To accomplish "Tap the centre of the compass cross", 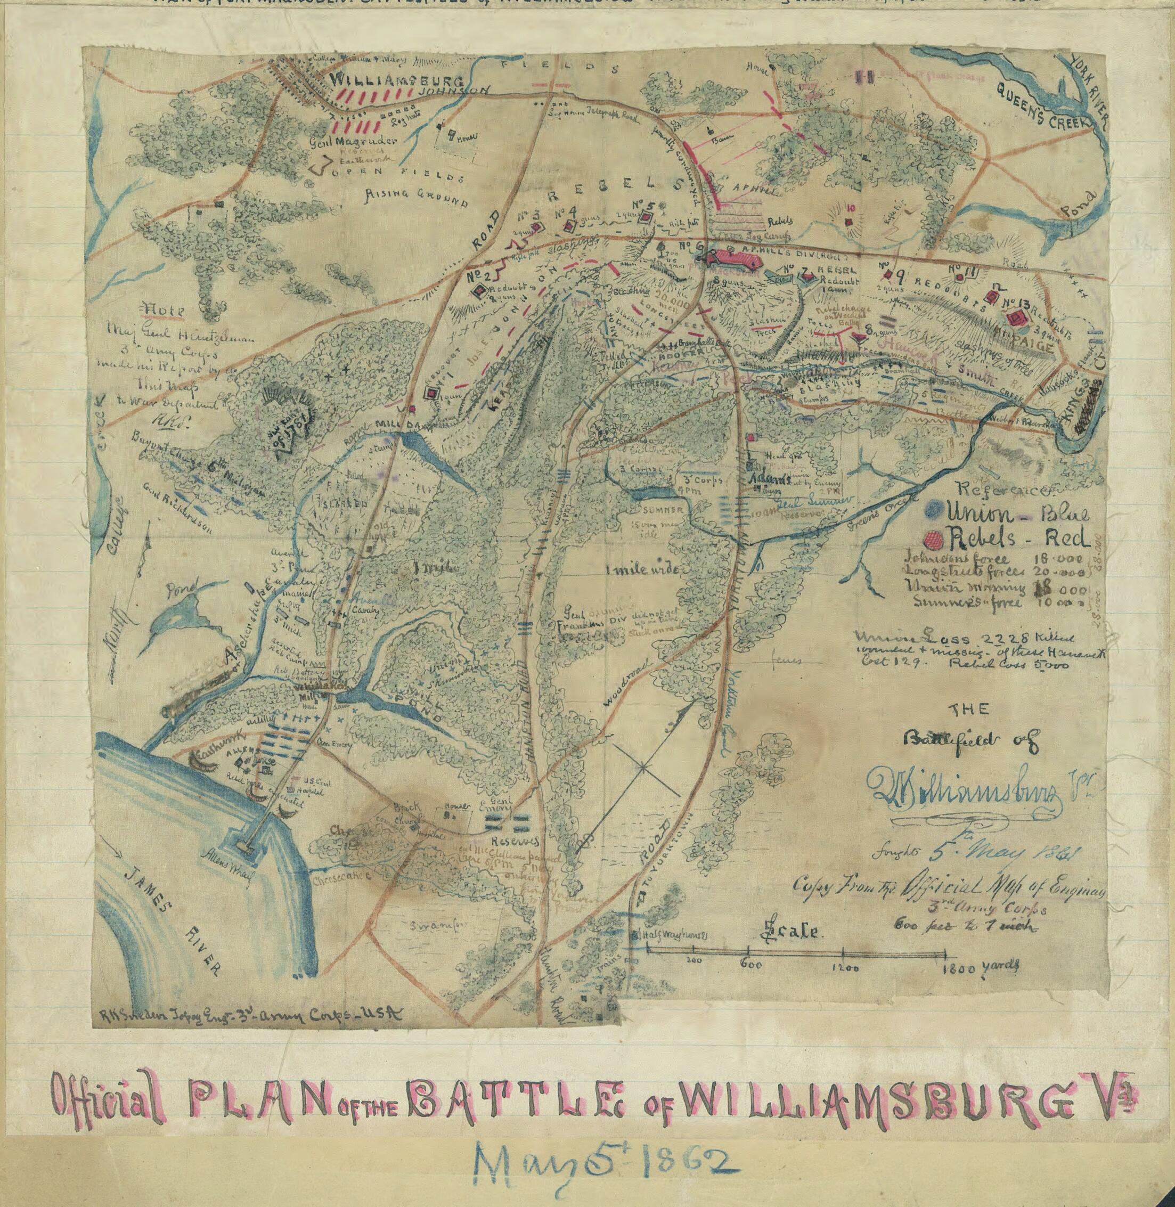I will pos(643,767).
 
